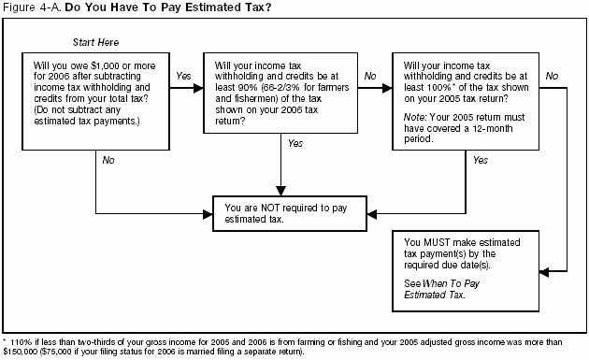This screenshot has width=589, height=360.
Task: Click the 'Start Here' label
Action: (95, 43)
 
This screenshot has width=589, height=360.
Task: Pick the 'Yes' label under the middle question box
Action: (295, 143)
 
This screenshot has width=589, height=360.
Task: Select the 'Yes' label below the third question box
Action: (481, 160)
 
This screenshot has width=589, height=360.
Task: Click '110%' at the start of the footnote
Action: (20, 342)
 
